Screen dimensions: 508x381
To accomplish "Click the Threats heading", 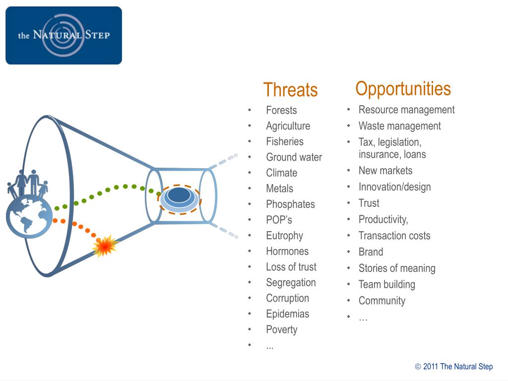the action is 290,90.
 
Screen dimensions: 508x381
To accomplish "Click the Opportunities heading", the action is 403,89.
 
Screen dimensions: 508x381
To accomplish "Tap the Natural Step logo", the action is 64,35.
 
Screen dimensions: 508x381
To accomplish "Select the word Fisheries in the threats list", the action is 285,141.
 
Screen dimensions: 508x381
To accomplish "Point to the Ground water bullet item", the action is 294,157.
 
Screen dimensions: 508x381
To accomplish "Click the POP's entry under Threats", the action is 279,220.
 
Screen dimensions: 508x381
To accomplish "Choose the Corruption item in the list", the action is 287,298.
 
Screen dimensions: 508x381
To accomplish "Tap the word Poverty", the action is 282,330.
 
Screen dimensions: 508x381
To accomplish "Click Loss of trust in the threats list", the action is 291,267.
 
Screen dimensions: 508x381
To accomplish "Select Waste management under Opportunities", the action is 399,126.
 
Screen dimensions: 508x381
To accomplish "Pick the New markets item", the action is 385,171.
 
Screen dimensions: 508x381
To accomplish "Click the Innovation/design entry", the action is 394,187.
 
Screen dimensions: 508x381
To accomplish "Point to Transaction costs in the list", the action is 394,236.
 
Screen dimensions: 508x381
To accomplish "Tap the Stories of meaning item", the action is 397,268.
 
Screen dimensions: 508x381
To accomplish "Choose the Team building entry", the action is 386,284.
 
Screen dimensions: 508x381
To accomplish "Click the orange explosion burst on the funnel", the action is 105,246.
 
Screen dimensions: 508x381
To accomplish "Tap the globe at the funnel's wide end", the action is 29,216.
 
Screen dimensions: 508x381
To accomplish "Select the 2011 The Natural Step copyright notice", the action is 453,367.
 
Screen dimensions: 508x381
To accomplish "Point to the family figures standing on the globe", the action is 28,184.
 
